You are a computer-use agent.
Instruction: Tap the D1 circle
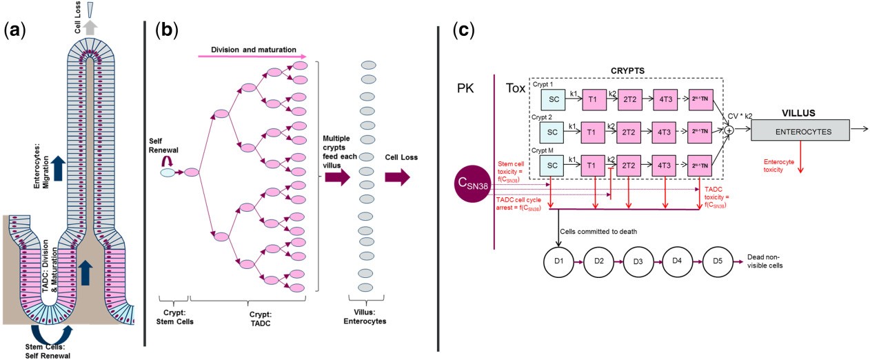click(x=558, y=261)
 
